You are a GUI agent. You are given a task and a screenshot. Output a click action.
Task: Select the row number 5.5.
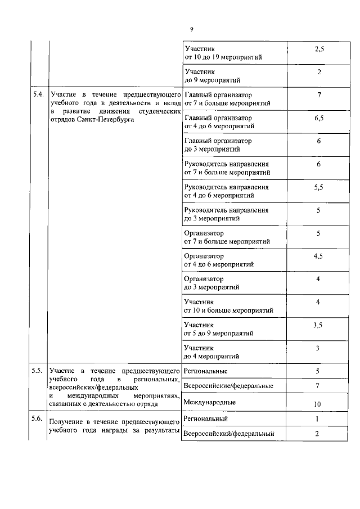coord(38,371)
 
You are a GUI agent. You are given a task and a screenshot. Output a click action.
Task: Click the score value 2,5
coord(318,49)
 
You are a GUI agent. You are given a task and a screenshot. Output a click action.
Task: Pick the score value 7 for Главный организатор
coord(319,94)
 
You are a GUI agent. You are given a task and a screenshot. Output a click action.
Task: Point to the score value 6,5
coord(318,119)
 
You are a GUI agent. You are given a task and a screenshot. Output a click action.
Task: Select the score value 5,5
coord(318,187)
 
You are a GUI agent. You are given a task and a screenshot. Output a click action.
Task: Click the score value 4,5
coord(318,256)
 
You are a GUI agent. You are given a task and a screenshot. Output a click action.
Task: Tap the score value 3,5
coord(318,325)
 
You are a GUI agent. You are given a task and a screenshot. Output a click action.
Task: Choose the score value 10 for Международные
coord(318,405)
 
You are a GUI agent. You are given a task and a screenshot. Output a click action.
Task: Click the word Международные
coord(209,402)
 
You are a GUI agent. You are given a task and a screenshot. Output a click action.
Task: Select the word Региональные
coord(205,371)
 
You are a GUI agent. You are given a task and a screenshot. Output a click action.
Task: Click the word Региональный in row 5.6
coord(205,419)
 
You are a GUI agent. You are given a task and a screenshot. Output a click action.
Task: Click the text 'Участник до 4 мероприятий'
coord(211,352)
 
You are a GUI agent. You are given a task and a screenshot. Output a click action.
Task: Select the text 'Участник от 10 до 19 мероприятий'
coord(222,53)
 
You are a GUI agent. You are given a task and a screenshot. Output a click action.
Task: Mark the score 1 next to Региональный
coord(318,419)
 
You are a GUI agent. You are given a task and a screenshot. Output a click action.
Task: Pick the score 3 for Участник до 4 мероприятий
coord(318,348)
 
